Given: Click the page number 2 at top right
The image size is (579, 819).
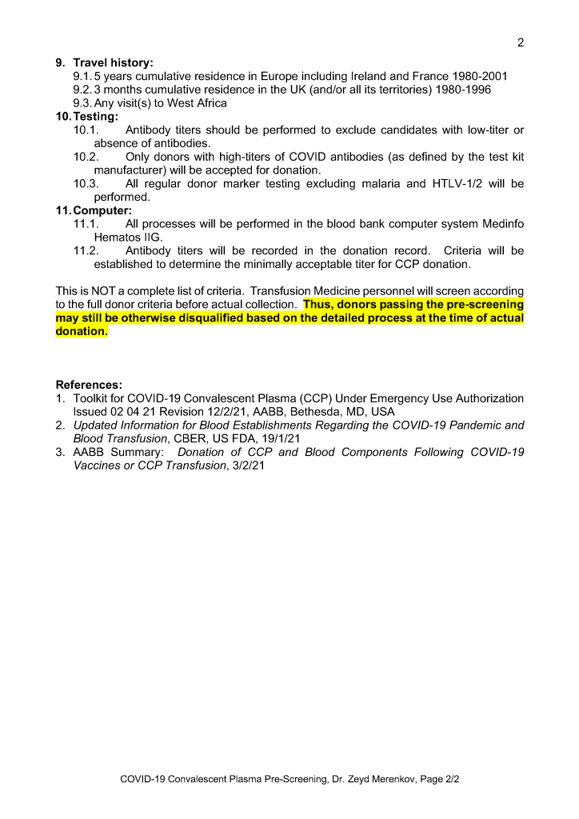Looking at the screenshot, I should coord(521,43).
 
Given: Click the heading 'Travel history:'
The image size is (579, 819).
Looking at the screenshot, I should coord(113,62).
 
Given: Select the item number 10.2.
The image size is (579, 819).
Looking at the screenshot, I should coord(86,158).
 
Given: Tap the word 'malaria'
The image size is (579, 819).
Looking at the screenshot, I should coord(385,184).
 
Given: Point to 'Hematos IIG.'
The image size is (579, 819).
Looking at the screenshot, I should coord(128,238).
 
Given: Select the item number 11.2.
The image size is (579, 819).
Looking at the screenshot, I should coord(86,251).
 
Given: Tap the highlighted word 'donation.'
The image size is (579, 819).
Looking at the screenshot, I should coord(81,331).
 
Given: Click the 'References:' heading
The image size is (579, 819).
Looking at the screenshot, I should coord(89,385).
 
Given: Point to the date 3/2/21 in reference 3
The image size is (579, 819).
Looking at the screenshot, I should coord(247,465).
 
